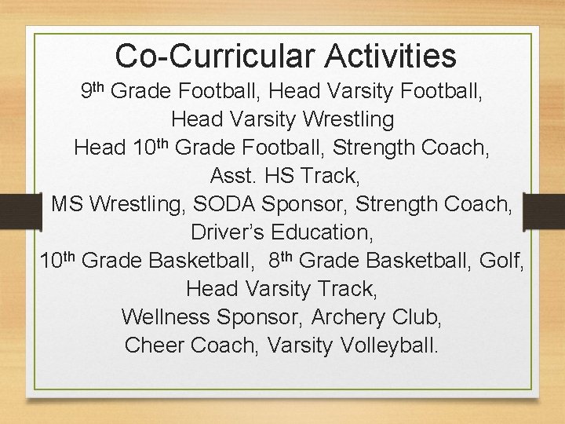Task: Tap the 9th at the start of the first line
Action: coord(93,91)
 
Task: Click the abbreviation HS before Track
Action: coord(280,176)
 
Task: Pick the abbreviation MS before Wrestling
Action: coord(68,204)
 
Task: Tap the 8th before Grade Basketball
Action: coord(279,259)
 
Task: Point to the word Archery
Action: coord(348,317)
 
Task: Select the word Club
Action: coord(416,317)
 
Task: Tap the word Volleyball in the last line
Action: coord(389,345)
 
